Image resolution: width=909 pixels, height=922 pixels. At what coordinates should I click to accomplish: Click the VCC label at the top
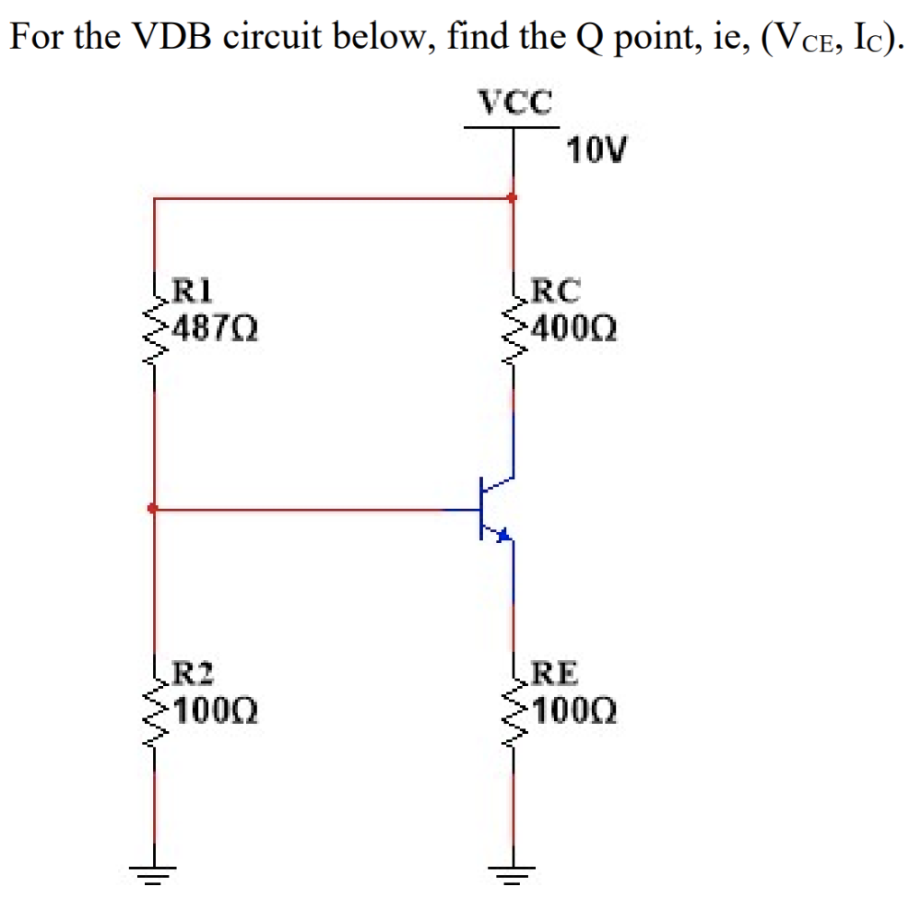[514, 102]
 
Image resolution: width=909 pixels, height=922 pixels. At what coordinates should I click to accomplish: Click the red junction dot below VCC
[513, 197]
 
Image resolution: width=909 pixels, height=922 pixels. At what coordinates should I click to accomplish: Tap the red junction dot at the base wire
[152, 510]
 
